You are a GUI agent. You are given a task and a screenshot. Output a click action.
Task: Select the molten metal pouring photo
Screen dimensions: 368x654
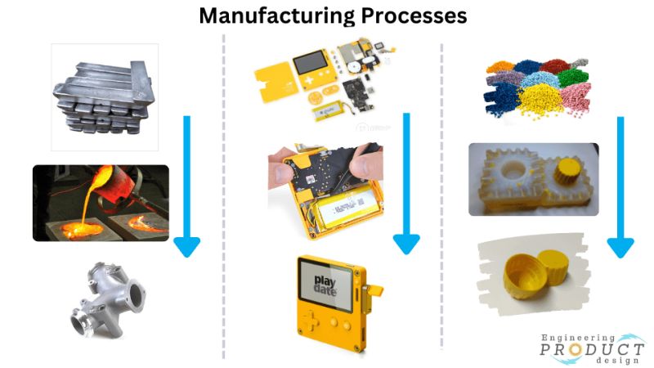pos(101,203)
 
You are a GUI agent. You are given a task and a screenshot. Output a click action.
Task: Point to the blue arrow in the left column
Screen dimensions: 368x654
pos(186,188)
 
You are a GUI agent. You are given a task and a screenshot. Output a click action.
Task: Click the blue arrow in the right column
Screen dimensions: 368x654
pos(620,188)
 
